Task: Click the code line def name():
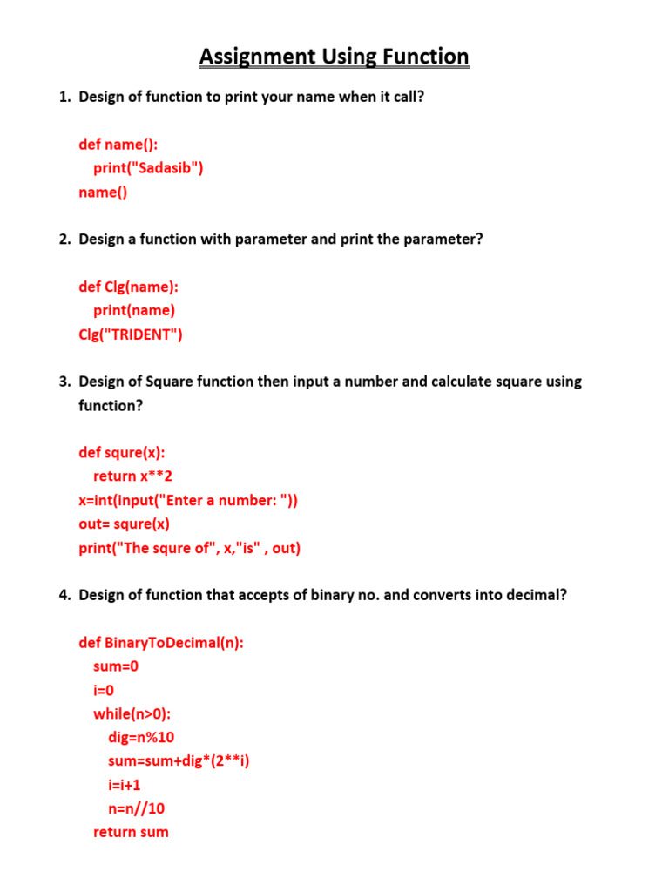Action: tap(118, 145)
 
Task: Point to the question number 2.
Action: tap(64, 239)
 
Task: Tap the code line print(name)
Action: tap(134, 310)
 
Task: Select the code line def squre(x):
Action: tap(122, 453)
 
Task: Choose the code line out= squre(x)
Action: tap(125, 524)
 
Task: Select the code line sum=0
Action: tap(116, 667)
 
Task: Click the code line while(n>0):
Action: tap(132, 714)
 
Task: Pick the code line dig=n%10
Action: tap(141, 738)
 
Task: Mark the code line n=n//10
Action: tap(136, 808)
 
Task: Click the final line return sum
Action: tap(131, 833)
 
